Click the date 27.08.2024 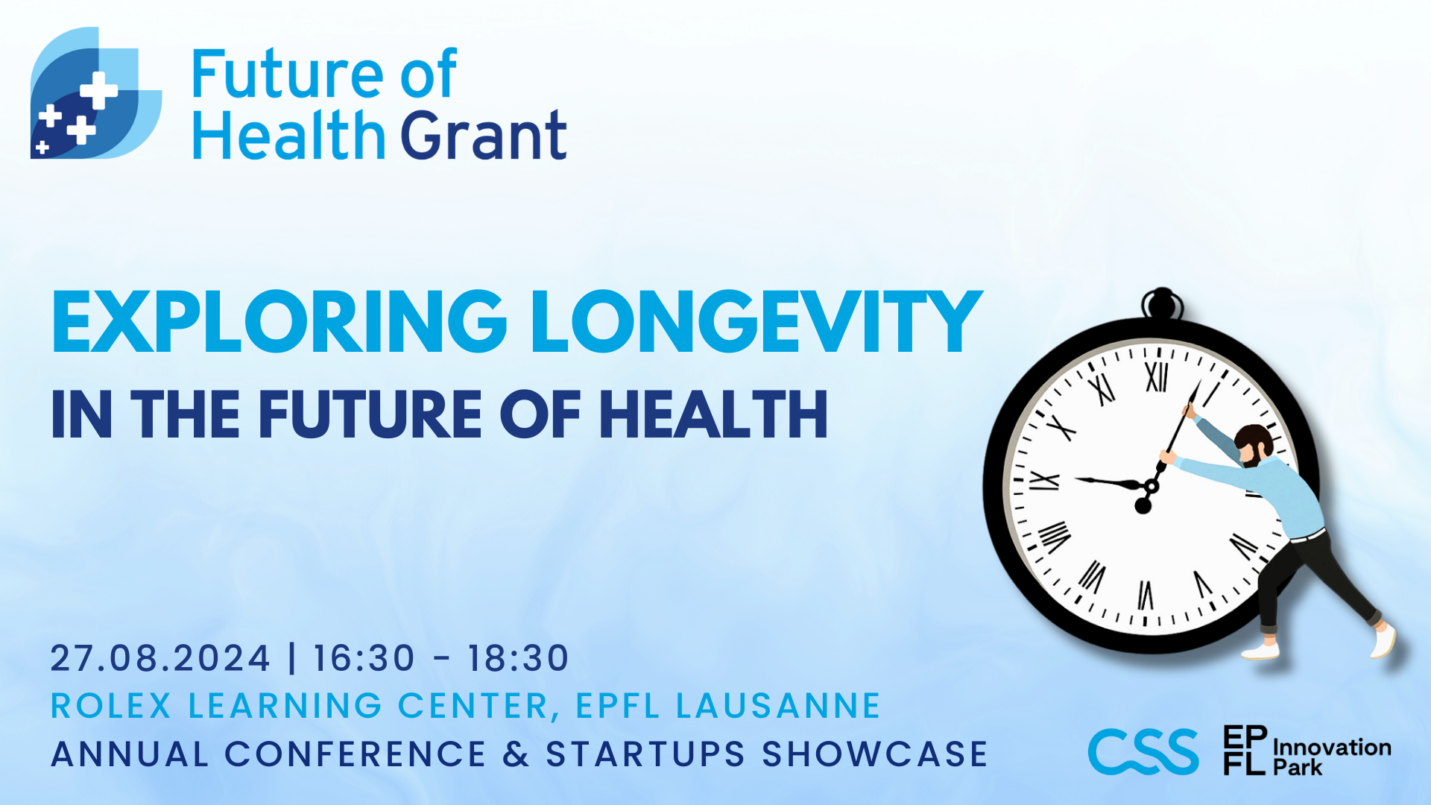[160, 658]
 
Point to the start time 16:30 [364, 658]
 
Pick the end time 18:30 [519, 658]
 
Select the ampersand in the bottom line [516, 754]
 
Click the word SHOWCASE [875, 754]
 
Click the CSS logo [1143, 751]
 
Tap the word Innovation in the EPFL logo [1332, 747]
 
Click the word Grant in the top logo [484, 135]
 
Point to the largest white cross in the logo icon [98, 90]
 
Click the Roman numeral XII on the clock [1156, 377]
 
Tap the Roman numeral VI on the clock [1145, 596]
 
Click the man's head [1254, 445]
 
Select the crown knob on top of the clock [1162, 304]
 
